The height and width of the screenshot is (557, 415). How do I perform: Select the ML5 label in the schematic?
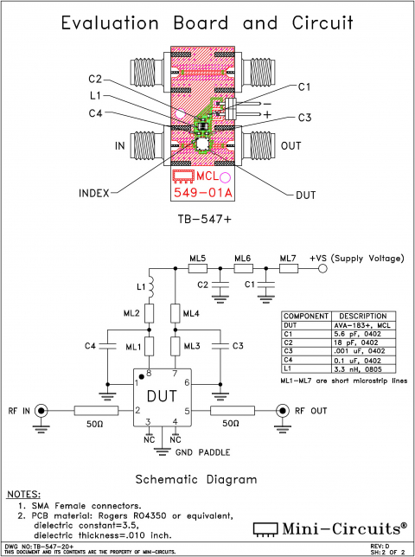[x=198, y=259]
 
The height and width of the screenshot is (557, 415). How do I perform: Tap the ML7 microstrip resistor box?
[x=288, y=269]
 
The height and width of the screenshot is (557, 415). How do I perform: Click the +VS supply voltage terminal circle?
[x=322, y=269]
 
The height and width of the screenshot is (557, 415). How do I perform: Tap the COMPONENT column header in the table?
[x=304, y=316]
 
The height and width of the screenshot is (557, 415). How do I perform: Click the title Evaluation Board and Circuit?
[x=207, y=25]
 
